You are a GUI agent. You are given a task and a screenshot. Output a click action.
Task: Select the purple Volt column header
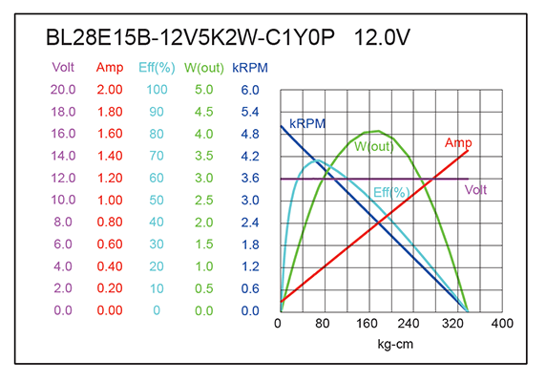(64, 68)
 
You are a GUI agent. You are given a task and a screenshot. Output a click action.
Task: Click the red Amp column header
(110, 68)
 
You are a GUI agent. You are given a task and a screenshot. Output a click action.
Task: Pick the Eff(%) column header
(157, 68)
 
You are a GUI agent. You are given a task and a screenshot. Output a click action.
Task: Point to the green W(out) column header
(204, 68)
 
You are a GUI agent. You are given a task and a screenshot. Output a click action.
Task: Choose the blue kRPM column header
(250, 68)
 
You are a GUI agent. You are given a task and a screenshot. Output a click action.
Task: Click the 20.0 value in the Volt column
(64, 90)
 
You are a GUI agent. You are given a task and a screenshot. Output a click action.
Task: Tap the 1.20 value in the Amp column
(110, 179)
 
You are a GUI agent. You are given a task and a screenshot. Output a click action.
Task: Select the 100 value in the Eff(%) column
(157, 90)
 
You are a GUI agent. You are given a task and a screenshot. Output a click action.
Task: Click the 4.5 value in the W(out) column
(204, 112)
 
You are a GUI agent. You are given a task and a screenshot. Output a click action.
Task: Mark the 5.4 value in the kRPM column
(250, 112)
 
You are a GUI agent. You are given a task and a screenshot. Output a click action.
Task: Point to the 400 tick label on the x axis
(502, 324)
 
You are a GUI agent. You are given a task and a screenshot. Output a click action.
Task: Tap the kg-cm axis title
(395, 343)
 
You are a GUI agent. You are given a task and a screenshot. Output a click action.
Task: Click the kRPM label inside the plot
(309, 124)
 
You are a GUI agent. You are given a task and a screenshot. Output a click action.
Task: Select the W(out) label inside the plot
(374, 147)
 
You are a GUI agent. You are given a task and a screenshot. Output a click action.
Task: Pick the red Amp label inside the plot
(458, 143)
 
